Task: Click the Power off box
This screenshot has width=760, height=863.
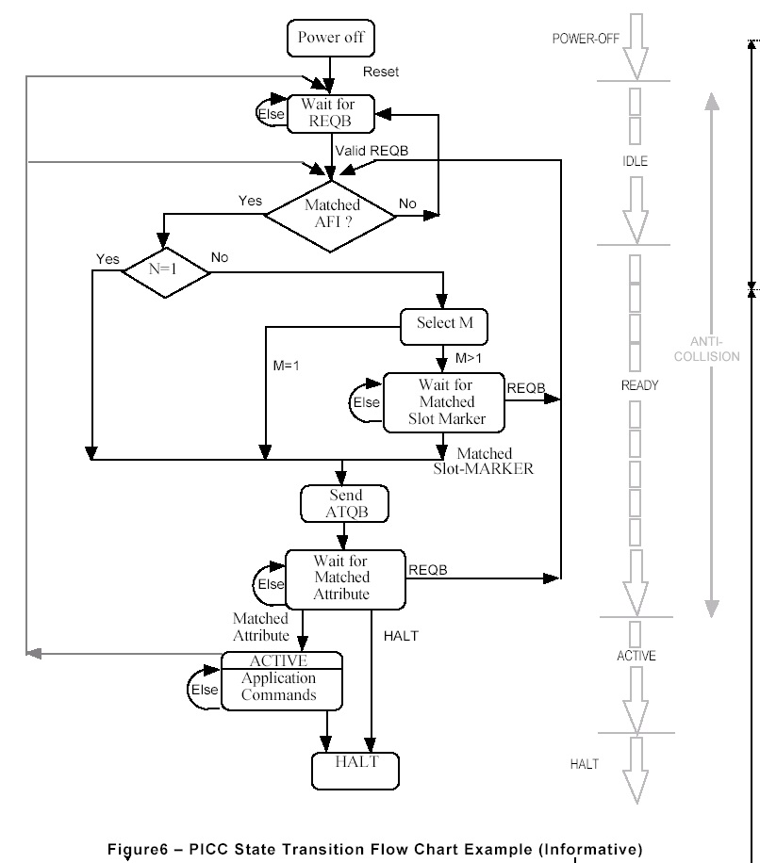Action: tap(331, 39)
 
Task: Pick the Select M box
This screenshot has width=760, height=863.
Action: tap(444, 324)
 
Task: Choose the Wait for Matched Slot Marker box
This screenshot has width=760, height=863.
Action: tap(444, 402)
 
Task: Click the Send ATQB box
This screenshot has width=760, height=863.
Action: tap(345, 503)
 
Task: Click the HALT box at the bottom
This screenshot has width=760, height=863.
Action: tap(356, 771)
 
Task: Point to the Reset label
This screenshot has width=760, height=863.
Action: tap(381, 72)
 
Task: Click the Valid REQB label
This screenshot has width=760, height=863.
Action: tap(371, 151)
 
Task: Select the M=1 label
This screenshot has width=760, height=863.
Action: tap(286, 366)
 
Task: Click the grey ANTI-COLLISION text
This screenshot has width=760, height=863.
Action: tap(714, 350)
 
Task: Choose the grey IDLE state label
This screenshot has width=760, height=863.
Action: tap(635, 161)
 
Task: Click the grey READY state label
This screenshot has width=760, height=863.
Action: tap(639, 385)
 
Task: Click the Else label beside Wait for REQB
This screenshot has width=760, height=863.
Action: tap(272, 113)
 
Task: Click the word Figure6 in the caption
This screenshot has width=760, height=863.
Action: tap(142, 849)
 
